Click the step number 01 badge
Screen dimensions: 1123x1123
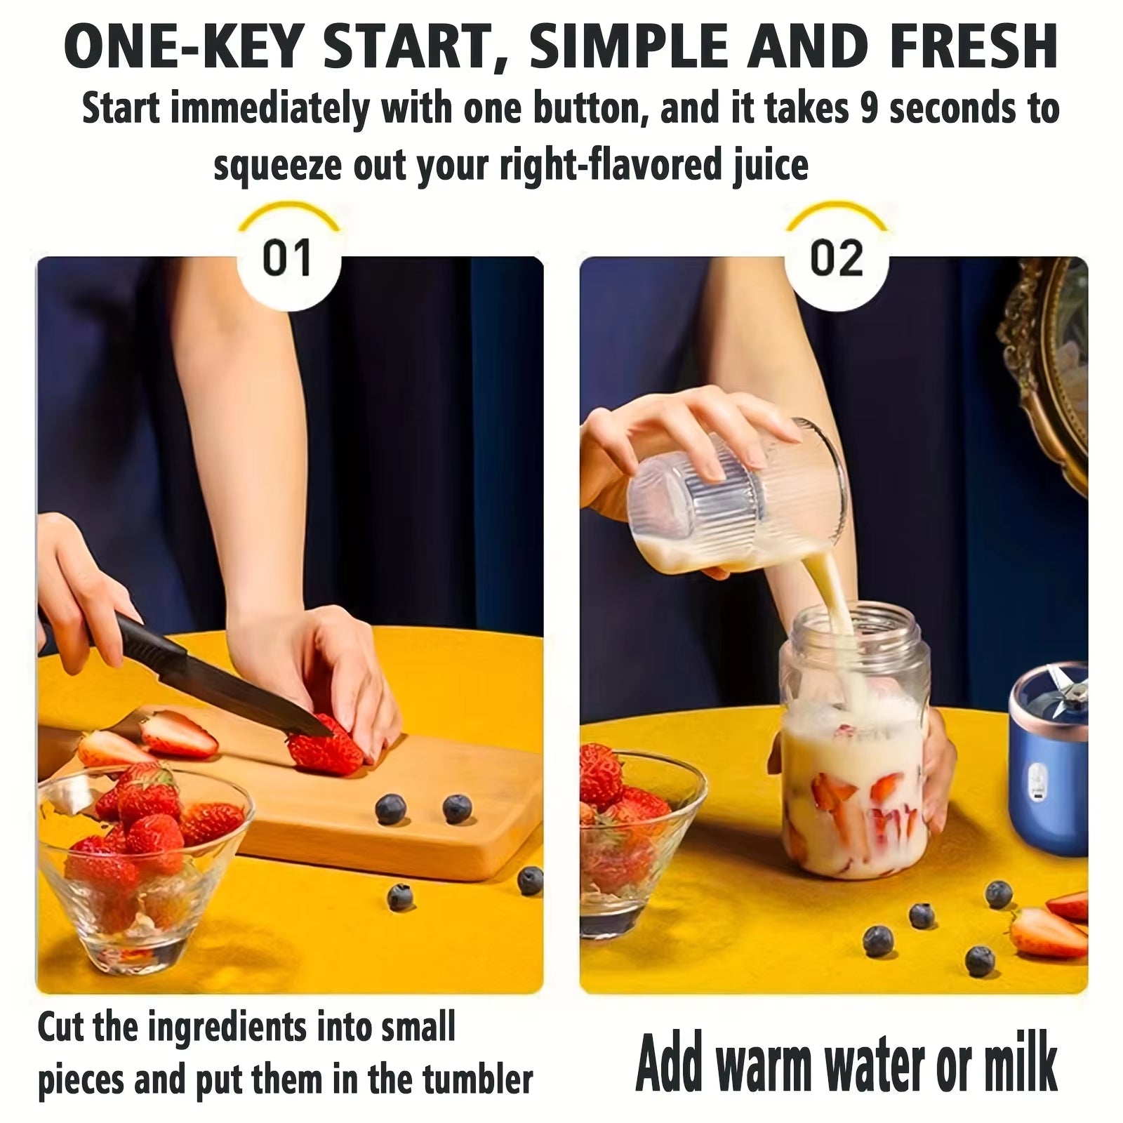pos(287,258)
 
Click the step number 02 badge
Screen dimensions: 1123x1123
pos(836,258)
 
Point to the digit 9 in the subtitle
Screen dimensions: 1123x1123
pos(869,109)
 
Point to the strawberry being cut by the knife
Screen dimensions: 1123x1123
pos(324,747)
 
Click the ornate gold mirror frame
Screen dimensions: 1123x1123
pos(1046,365)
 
